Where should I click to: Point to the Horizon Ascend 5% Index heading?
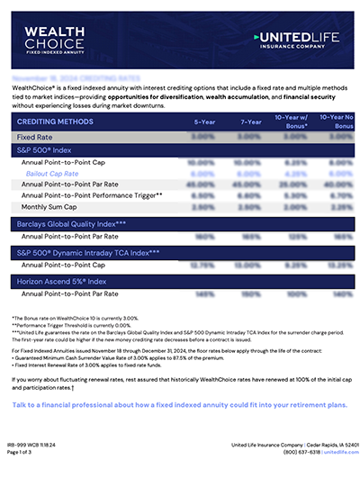[62, 284]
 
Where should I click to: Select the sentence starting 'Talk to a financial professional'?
[179, 405]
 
